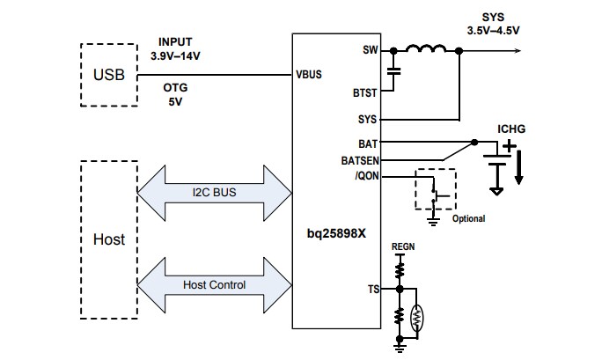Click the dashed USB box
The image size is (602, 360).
[x=108, y=75]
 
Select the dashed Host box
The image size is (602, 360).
[x=108, y=239]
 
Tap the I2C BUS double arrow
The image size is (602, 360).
[x=215, y=192]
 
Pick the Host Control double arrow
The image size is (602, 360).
[x=215, y=284]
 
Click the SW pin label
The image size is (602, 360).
[x=370, y=49]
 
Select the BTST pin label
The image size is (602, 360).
[x=365, y=91]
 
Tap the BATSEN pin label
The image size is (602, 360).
[x=359, y=160]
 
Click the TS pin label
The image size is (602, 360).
[x=372, y=288]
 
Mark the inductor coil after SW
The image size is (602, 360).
[x=427, y=49]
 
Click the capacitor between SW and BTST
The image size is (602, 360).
[x=393, y=70]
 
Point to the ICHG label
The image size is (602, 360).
[x=511, y=129]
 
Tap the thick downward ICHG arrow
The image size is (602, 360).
[x=519, y=167]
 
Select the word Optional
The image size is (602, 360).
[x=468, y=218]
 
